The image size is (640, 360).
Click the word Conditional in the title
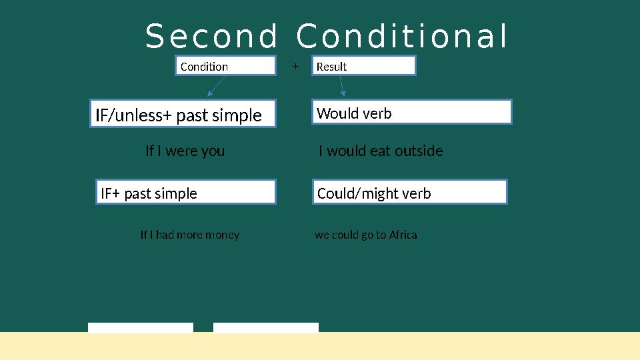click(x=402, y=37)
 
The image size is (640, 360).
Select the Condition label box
click(x=225, y=66)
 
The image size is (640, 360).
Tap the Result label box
click(x=364, y=66)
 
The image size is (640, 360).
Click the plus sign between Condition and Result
click(x=295, y=67)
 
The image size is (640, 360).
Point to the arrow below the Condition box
click(x=216, y=87)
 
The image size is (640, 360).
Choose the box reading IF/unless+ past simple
click(x=183, y=114)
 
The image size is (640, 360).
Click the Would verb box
click(x=412, y=113)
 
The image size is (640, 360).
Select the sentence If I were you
click(x=185, y=151)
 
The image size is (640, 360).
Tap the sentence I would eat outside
click(x=381, y=151)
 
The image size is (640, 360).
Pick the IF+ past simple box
click(x=185, y=193)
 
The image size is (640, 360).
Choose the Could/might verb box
click(x=410, y=193)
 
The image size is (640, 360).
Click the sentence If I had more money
click(x=190, y=235)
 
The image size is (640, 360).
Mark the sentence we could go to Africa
click(x=366, y=235)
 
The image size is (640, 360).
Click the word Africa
click(x=403, y=235)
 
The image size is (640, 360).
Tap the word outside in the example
click(x=419, y=151)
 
